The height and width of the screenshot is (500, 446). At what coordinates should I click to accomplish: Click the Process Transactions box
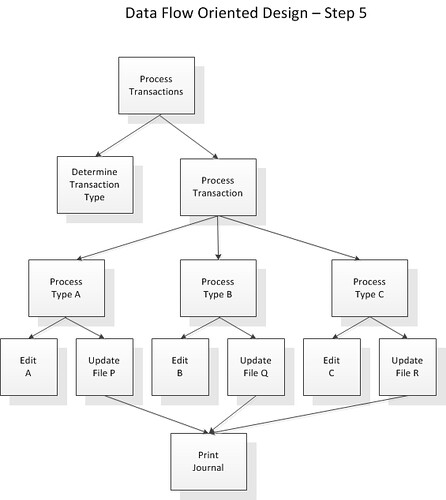coord(156,85)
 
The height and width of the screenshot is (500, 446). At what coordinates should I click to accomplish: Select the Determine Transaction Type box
coord(95,185)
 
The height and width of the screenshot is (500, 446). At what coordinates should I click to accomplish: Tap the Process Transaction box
coord(218,187)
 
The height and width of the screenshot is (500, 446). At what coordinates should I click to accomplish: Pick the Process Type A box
coord(66,288)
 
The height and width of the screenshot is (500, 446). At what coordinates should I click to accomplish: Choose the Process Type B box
coord(218,288)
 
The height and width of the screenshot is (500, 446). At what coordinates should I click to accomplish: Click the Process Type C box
coord(370,288)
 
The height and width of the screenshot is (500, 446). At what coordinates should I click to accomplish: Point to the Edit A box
coord(29,367)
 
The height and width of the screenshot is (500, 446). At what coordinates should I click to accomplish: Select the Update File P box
coord(105,367)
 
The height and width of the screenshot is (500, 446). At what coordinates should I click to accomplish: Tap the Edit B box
coord(180,367)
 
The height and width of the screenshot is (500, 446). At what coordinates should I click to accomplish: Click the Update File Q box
coord(256,367)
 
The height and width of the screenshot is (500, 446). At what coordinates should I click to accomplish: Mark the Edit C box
coord(332,367)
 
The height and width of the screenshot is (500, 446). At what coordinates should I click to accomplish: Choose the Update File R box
coord(408,367)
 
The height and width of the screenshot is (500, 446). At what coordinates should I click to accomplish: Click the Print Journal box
coord(209,462)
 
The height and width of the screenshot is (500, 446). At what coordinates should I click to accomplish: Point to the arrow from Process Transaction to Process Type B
coord(218,238)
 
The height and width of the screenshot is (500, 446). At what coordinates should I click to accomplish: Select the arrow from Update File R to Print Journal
coord(308,414)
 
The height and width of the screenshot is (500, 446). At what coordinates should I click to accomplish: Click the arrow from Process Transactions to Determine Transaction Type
coord(128,136)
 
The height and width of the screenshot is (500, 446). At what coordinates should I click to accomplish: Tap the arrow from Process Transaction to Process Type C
coord(289,238)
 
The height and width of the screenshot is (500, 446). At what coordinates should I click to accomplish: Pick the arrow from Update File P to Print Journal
coord(157,415)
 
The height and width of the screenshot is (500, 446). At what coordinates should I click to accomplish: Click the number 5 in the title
coord(363,13)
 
